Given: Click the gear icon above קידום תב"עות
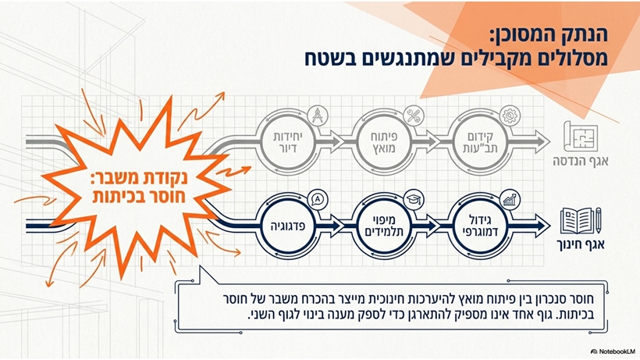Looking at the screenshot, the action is pos(510,116).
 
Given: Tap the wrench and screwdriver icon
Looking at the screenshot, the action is pos(414,116).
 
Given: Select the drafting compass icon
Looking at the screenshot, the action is pos(318,116).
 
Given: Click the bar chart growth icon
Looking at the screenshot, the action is pos(510,200).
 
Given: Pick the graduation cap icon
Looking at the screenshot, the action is pos(414,200).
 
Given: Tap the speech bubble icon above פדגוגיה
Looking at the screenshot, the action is pos(318,200).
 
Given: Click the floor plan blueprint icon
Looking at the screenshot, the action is pos(581,137).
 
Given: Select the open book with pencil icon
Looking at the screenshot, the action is pos(581,221).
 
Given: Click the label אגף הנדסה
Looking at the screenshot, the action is pos(581,161).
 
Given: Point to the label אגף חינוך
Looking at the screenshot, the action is pos(581,244).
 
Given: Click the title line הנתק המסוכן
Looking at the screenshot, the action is pos(549,35).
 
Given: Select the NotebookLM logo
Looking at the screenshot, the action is pos(613,351).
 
